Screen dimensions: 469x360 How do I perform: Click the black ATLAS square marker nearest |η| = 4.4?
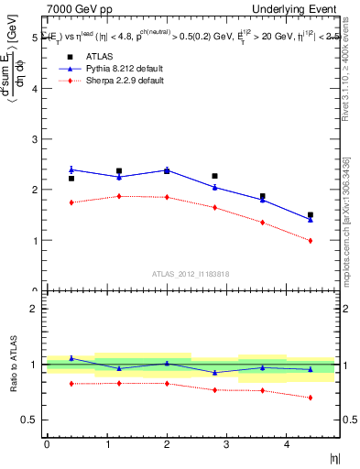coord(311,215)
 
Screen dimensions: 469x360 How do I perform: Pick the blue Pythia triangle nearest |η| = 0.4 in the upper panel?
coord(71,169)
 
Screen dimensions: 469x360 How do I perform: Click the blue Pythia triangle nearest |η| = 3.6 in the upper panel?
coord(263,200)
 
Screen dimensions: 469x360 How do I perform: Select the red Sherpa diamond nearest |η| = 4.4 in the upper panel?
coord(311,241)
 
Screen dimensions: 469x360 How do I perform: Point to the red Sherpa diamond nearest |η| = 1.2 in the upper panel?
coord(119,196)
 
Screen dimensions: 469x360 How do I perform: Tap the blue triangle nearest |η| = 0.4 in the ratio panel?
coord(71,358)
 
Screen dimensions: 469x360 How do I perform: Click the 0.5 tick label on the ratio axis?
coord(29,420)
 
